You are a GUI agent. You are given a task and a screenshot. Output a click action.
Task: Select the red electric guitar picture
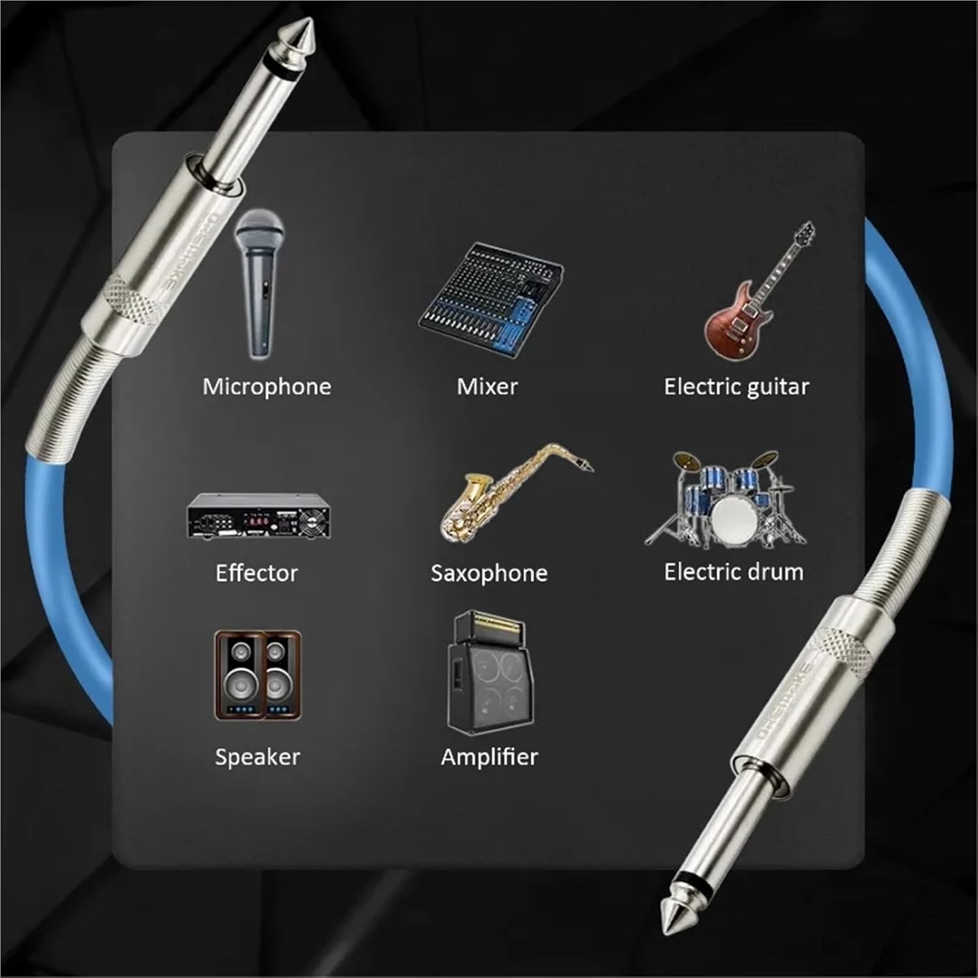(756, 293)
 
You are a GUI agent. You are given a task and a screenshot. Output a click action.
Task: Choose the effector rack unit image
(258, 515)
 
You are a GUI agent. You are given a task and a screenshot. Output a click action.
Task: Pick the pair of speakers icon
(258, 675)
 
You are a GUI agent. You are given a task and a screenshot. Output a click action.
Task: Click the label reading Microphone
(267, 387)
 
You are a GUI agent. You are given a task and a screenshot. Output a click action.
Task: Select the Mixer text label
(487, 387)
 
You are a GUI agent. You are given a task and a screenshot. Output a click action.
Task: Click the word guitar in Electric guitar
(777, 387)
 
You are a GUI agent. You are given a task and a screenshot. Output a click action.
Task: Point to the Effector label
(257, 573)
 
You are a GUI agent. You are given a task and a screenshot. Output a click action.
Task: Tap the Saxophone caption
(489, 573)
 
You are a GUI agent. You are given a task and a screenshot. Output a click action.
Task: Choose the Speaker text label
(258, 757)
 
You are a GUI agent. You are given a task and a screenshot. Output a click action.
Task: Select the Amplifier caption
(489, 757)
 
